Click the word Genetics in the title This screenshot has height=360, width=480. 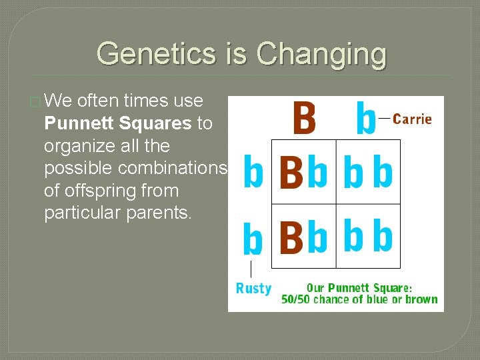[157, 53]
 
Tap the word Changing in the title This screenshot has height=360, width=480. [321, 53]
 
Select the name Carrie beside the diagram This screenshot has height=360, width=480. [412, 119]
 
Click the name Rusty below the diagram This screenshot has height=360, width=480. [253, 289]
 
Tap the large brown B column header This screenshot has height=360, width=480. [303, 118]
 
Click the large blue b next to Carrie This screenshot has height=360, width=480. [365, 118]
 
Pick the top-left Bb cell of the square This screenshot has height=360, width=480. [303, 171]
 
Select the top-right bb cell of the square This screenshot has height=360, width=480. [368, 171]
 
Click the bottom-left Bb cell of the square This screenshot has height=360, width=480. [303, 236]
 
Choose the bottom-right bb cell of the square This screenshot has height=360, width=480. [368, 236]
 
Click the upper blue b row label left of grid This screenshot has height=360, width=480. [253, 171]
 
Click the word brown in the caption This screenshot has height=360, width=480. [420, 299]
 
